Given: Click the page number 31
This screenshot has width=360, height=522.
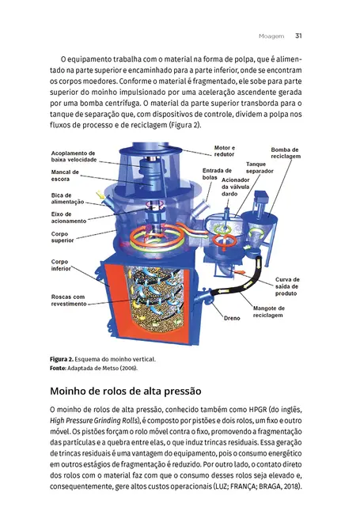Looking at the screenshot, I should [x=298, y=35].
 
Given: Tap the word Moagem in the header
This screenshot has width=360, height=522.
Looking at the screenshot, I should [x=272, y=35].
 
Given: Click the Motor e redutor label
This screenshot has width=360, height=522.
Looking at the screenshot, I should [x=226, y=150].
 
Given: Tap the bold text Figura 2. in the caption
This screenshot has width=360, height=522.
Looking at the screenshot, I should [x=66, y=360].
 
